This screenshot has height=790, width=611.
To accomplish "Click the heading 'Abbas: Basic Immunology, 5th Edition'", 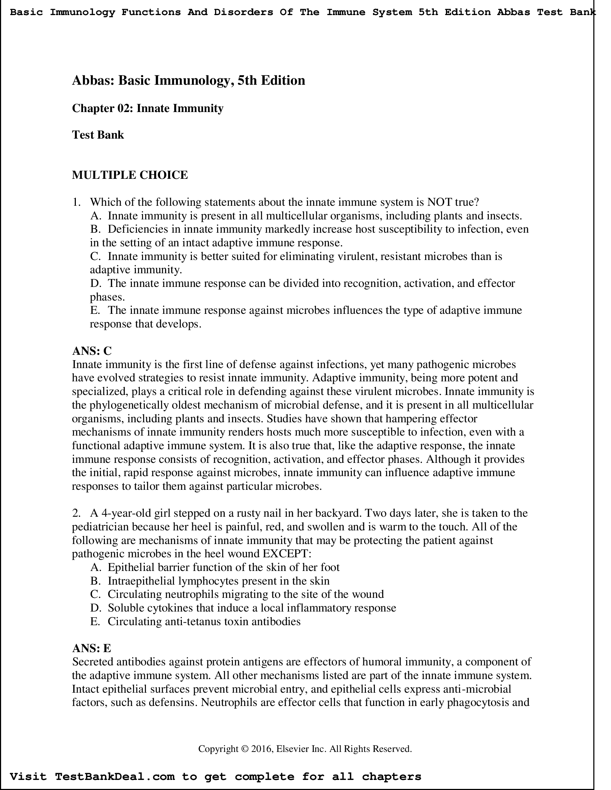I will [188, 80].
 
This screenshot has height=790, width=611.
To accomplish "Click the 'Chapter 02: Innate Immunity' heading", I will [148, 108].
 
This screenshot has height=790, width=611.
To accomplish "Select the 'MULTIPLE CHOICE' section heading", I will [130, 175].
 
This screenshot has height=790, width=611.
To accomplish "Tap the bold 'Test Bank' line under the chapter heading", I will [98, 135].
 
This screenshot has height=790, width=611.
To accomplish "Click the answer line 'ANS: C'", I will [92, 351].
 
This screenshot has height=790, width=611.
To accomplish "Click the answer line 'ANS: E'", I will [91, 648].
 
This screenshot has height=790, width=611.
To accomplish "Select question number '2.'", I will [76, 513].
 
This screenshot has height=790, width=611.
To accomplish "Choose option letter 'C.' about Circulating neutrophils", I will [95, 594].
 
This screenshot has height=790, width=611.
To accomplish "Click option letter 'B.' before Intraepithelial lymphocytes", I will [95, 581].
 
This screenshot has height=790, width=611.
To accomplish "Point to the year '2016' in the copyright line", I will [261, 748].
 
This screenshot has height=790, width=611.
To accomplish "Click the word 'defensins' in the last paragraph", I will [173, 702].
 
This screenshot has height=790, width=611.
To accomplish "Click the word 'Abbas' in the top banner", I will [513, 12].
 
